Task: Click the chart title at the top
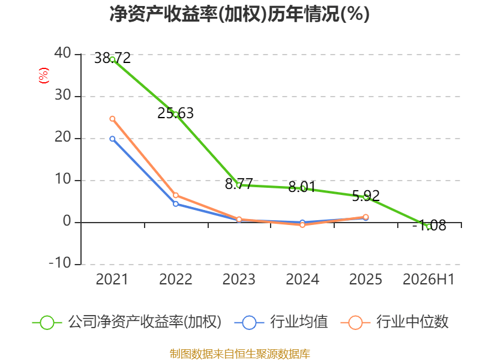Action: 239,14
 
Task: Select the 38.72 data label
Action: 112,58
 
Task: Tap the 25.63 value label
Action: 175,113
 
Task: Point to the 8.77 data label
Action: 239,184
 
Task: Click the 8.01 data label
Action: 302,187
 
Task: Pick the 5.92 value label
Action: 365,196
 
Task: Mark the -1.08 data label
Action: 429,226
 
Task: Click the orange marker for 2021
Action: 112,119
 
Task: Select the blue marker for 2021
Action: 112,139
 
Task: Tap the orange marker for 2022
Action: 176,196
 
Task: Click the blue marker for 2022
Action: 176,204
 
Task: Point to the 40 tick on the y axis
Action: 63,53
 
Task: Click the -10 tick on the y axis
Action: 60,263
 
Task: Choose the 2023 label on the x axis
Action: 239,279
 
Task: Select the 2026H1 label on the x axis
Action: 428,279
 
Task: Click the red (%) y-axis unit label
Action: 43,76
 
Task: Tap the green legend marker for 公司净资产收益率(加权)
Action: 47,323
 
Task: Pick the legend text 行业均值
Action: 299,322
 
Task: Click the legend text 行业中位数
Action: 412,322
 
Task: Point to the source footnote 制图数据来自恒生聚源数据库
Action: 240,353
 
